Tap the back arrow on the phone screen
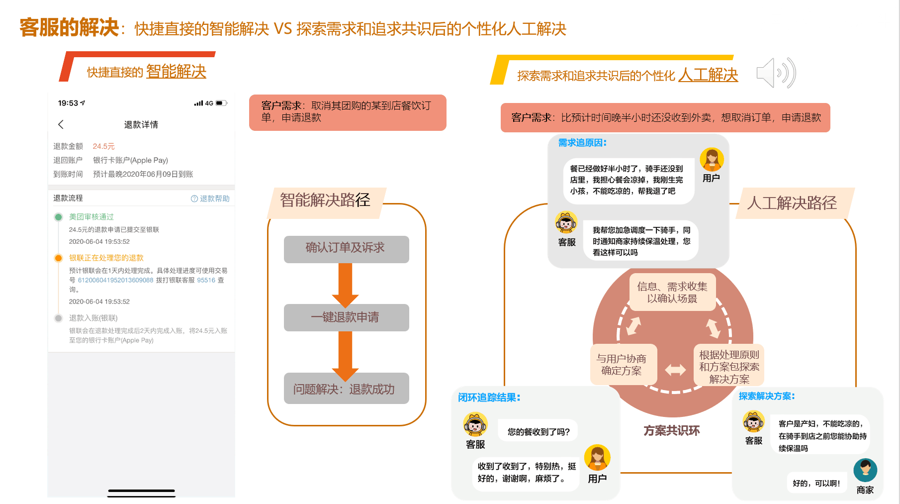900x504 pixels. (x=61, y=124)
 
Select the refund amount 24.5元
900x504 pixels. (x=103, y=146)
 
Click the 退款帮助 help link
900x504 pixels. (x=210, y=199)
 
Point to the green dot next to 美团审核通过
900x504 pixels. (x=59, y=217)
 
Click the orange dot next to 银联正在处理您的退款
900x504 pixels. (x=59, y=258)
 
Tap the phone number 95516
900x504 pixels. (x=206, y=280)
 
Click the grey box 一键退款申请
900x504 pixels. (x=346, y=317)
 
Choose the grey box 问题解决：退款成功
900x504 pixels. (x=346, y=389)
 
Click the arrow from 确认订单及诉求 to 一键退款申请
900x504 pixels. (x=346, y=284)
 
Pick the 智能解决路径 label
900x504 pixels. (x=325, y=201)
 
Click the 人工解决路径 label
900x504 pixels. (x=792, y=203)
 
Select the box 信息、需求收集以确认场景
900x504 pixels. (x=672, y=293)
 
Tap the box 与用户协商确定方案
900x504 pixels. (x=622, y=365)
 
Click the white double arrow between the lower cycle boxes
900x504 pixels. (x=675, y=370)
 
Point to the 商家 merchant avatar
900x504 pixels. (x=865, y=470)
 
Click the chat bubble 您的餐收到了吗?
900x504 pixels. (x=539, y=432)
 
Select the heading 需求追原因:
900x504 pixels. (x=582, y=143)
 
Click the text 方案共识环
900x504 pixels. (x=672, y=431)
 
